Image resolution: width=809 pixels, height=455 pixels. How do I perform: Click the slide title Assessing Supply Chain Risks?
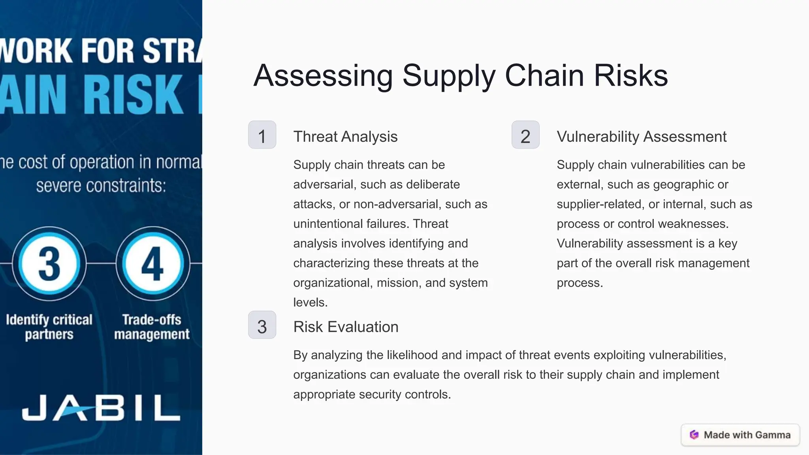point(460,75)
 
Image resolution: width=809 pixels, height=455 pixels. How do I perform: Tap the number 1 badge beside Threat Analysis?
point(262,135)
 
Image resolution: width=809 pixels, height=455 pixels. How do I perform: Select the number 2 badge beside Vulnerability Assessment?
point(525,135)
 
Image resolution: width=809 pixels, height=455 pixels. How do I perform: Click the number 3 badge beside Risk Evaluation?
point(262,325)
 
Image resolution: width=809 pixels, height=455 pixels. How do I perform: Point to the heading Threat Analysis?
point(345,137)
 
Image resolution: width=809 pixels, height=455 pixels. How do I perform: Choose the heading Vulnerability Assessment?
point(642,137)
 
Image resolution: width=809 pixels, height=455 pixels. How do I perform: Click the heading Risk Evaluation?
point(346,327)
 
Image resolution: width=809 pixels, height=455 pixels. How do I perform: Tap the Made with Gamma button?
point(740,435)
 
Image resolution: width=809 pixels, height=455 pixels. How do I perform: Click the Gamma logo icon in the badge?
point(694,435)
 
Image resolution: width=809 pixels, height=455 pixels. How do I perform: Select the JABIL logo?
point(101,407)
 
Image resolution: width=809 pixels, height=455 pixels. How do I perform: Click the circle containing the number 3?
point(49,263)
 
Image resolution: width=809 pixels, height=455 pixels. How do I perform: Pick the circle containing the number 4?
point(152,263)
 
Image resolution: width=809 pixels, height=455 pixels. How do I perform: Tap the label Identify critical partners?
point(49,327)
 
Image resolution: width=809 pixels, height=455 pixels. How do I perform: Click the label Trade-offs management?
point(152,327)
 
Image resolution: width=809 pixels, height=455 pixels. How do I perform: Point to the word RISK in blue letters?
point(134,95)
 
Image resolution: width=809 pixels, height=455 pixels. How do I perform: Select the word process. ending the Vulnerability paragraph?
point(579,283)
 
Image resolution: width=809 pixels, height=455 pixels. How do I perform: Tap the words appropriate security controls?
point(372,395)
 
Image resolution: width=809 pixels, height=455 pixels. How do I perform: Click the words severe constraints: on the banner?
point(101,186)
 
